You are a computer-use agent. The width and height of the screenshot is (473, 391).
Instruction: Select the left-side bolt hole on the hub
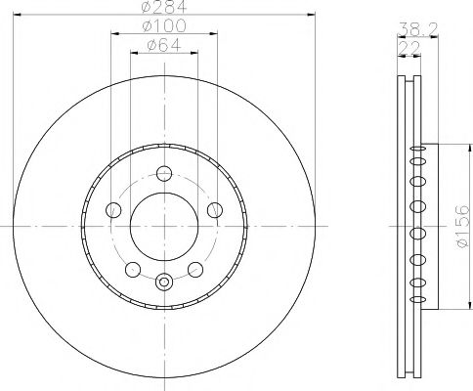point(113,209)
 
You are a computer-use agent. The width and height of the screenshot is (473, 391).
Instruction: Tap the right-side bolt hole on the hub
point(214,209)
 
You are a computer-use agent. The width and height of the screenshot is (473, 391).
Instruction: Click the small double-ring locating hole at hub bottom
point(164,283)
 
